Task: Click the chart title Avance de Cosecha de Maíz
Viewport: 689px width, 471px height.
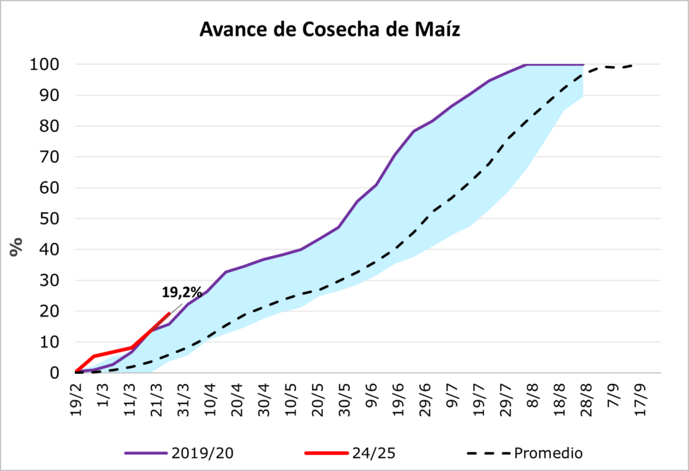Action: click(x=330, y=30)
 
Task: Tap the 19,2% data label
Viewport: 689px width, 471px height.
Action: click(x=182, y=292)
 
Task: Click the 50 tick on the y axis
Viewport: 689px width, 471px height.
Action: click(x=50, y=219)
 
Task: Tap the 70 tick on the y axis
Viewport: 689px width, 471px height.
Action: click(x=50, y=157)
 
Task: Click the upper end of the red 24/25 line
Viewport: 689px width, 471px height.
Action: click(x=169, y=313)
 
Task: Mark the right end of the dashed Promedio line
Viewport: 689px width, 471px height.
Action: click(x=632, y=65)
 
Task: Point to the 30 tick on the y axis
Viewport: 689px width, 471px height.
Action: click(x=50, y=280)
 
